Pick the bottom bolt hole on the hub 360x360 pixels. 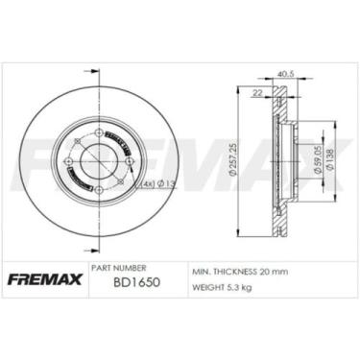coord(100,192)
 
